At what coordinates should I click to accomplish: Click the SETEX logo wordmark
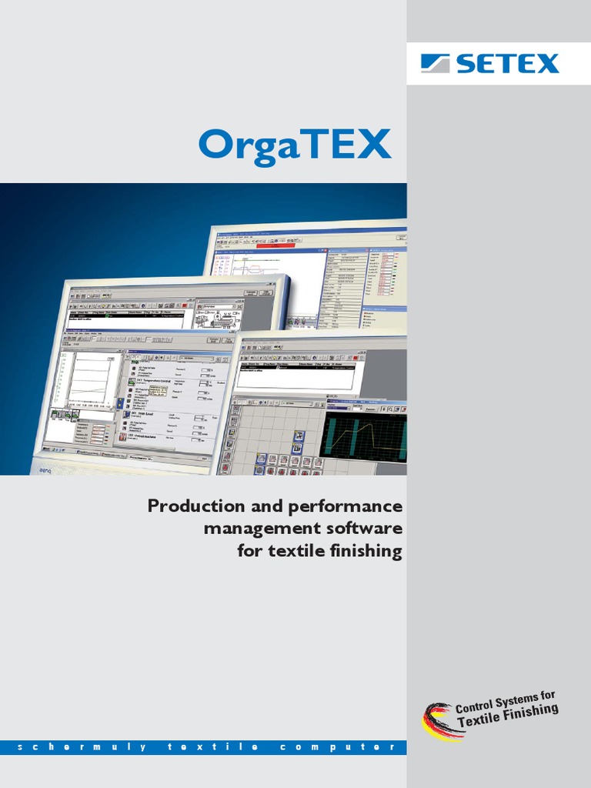(x=507, y=63)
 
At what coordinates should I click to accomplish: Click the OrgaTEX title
(x=294, y=145)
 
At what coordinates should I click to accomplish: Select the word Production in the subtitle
(x=191, y=506)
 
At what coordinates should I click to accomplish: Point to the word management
(x=252, y=529)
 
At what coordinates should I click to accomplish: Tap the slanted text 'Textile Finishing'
(x=508, y=716)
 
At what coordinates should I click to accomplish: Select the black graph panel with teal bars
(x=363, y=435)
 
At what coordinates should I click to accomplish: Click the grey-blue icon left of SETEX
(x=438, y=63)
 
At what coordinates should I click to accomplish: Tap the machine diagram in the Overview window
(x=221, y=318)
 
